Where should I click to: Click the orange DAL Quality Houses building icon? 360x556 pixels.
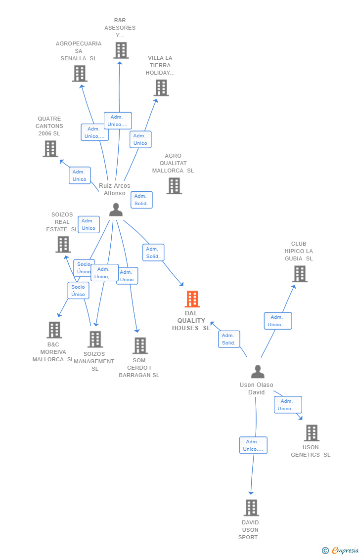[192, 299]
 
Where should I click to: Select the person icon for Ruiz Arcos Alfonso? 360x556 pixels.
[116, 210]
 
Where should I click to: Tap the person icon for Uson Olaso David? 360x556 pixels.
[258, 372]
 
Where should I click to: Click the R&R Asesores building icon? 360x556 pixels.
[121, 50]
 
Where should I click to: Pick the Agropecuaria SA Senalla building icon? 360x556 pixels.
[79, 74]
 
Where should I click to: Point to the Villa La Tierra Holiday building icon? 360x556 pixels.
[161, 88]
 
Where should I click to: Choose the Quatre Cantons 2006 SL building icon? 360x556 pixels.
[50, 149]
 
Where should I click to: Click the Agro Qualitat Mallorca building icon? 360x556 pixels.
[174, 186]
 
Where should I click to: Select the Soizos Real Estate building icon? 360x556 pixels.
[63, 244]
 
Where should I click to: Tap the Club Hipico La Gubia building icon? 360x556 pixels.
[299, 274]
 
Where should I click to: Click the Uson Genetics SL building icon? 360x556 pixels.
[311, 433]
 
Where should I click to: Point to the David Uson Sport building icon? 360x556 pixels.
[251, 508]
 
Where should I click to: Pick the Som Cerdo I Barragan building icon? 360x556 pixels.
[140, 346]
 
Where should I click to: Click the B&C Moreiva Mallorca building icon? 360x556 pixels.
[54, 330]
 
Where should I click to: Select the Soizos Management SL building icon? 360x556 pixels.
[95, 340]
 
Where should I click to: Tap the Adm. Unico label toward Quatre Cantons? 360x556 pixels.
[80, 175]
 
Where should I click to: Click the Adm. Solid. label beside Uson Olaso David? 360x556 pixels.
[229, 339]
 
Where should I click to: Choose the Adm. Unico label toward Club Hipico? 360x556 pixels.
[278, 321]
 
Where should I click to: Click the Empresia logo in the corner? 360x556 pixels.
[341, 550]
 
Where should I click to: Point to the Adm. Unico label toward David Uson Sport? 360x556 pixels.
[253, 445]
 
